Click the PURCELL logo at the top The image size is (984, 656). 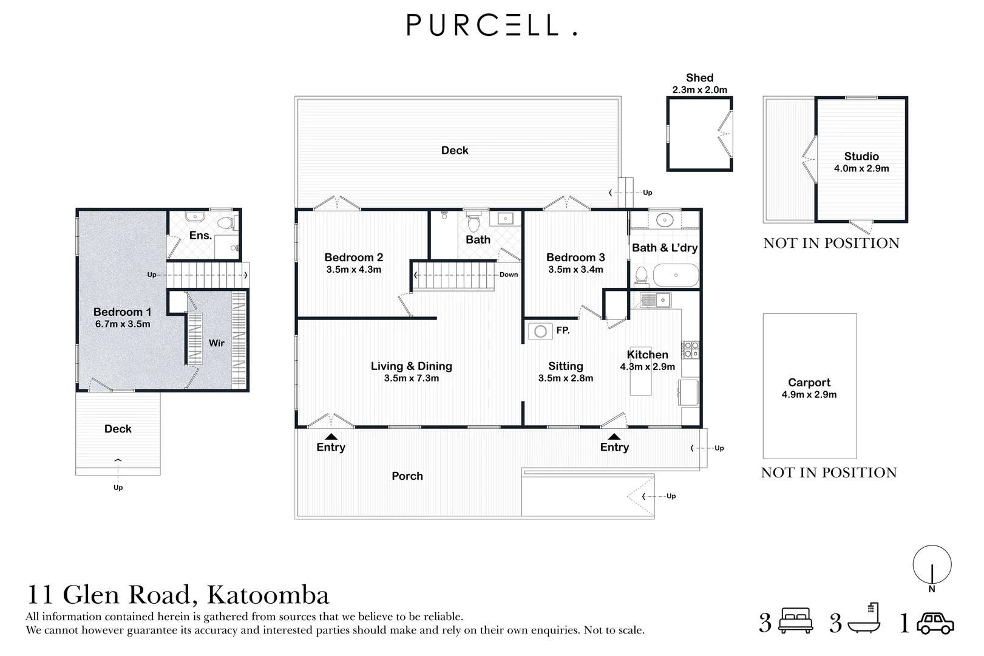tap(492, 25)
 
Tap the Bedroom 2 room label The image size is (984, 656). tap(354, 257)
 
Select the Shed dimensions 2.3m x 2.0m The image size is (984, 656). tap(700, 90)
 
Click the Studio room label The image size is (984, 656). tap(861, 156)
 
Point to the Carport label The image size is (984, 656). tap(809, 383)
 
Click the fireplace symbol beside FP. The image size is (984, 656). tap(540, 332)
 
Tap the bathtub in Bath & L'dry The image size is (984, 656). tap(676, 275)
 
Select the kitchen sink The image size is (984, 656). tap(656, 300)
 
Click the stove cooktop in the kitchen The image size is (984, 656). tap(690, 349)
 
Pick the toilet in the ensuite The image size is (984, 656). tap(227, 223)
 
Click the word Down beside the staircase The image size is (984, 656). tap(509, 275)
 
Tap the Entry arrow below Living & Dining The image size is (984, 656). tap(331, 437)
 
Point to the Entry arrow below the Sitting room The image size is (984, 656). tap(614, 437)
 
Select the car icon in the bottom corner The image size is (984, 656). tap(935, 623)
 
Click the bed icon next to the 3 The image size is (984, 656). tap(796, 620)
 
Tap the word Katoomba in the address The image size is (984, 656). tap(268, 595)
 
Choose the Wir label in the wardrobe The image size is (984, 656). tap(217, 343)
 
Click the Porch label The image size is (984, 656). tap(407, 476)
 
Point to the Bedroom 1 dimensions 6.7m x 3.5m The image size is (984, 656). tap(123, 324)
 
